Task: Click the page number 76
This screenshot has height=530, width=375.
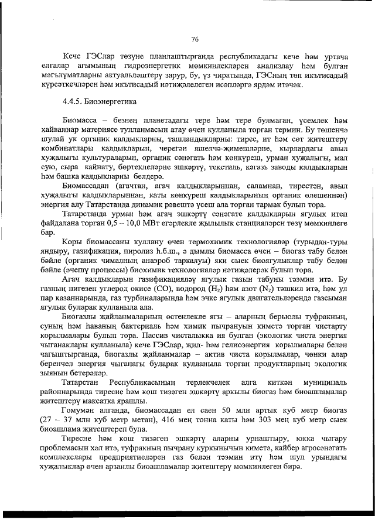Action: click(x=195, y=39)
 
